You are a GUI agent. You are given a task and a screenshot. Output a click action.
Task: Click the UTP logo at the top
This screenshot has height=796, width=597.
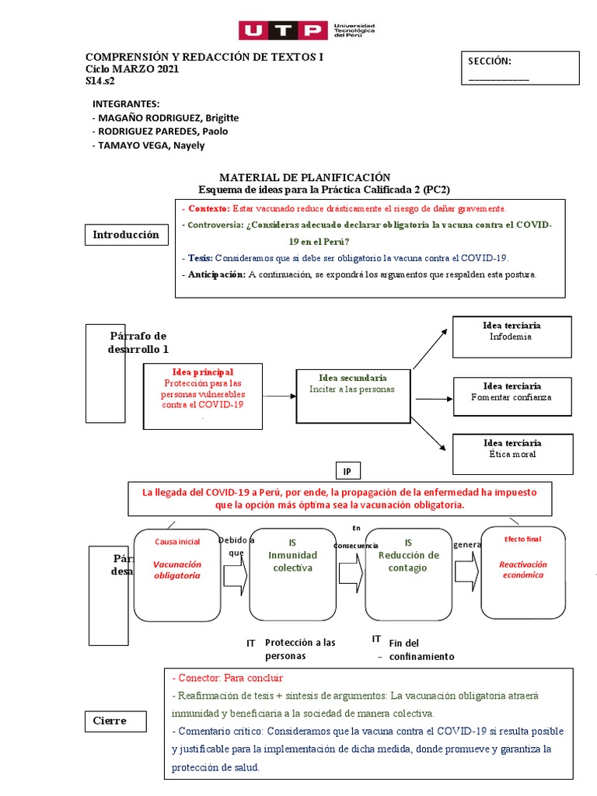click(306, 30)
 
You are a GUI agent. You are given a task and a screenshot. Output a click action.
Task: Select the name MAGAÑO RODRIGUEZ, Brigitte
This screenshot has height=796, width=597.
click(167, 117)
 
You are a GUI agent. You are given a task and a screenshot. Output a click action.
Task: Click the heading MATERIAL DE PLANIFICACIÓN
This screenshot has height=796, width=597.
click(304, 177)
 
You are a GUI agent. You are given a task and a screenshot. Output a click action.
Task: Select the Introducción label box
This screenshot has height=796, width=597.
click(126, 234)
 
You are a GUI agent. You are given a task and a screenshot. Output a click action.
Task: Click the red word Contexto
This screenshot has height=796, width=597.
click(208, 208)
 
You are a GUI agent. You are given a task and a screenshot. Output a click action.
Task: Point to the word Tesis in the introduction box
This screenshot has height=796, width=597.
click(199, 257)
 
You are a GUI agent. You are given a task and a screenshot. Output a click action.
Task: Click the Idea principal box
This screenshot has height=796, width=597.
click(203, 396)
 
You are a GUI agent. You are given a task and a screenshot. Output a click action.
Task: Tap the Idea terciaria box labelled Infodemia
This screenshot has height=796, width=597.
click(511, 336)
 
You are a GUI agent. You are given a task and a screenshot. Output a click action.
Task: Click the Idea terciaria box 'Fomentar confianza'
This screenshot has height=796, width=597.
click(511, 396)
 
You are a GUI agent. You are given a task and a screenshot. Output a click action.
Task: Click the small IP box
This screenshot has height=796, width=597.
click(347, 471)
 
